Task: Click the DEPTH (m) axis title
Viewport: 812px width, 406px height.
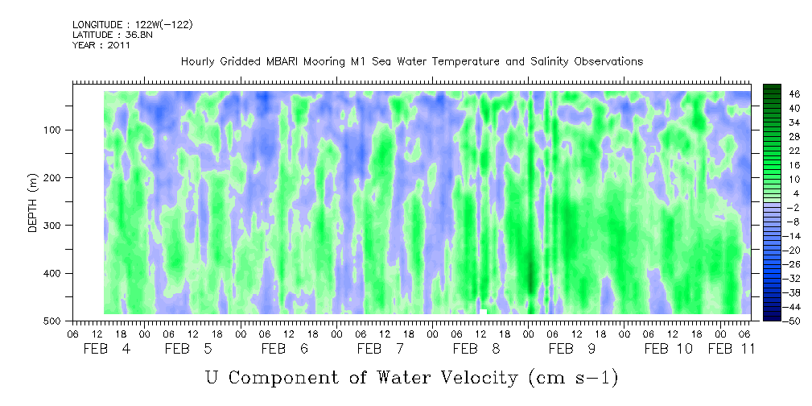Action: point(33,206)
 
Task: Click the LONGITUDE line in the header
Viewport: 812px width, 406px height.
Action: point(133,24)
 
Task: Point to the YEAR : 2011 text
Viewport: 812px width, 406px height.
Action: point(101,45)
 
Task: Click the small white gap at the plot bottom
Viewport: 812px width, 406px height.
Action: point(483,311)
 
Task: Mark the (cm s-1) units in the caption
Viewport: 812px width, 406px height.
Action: point(573,377)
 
